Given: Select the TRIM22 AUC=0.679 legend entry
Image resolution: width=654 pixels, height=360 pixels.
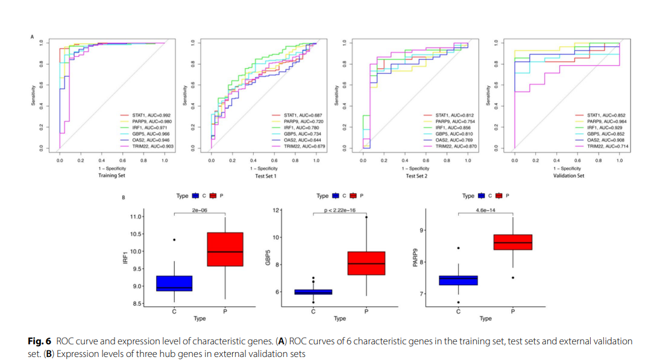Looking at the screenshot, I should (x=300, y=146).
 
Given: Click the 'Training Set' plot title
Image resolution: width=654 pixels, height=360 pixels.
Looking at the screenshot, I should (x=112, y=175).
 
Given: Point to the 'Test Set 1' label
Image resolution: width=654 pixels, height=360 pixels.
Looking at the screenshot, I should (x=263, y=175).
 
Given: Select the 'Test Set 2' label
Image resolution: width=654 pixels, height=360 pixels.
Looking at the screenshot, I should (x=415, y=175).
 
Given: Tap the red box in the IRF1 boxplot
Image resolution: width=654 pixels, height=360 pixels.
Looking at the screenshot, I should (x=225, y=249).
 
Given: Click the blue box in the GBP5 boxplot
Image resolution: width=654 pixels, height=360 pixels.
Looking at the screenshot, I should (x=313, y=292).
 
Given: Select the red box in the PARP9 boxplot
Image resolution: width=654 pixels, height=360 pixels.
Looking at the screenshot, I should (x=512, y=242).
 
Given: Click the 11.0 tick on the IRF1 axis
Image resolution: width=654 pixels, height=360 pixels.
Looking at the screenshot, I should (x=136, y=216).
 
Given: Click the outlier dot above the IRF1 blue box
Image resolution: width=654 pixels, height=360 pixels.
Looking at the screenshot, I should (x=174, y=239).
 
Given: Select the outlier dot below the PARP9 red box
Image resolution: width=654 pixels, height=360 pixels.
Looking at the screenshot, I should (x=512, y=277).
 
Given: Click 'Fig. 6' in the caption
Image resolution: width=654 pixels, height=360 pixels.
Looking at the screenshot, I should (x=40, y=341).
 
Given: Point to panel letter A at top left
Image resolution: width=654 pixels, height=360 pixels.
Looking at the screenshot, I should (x=32, y=37).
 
